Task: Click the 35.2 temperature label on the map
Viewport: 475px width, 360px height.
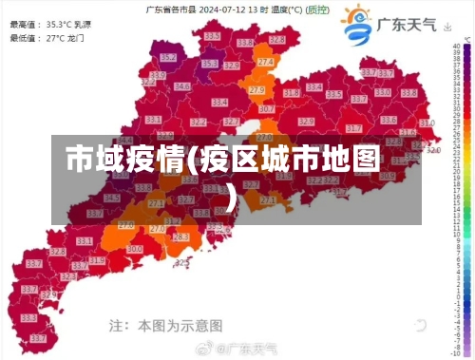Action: [x=168, y=57]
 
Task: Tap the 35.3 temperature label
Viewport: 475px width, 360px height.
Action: [x=209, y=65]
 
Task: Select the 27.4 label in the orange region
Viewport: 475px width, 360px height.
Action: [x=265, y=62]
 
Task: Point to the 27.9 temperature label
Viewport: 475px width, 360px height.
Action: [x=256, y=90]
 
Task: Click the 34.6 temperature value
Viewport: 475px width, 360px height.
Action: [x=181, y=86]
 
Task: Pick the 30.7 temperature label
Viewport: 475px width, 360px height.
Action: [x=267, y=109]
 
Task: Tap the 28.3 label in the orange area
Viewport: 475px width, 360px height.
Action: [x=180, y=237]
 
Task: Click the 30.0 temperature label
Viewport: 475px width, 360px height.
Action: [x=135, y=249]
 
